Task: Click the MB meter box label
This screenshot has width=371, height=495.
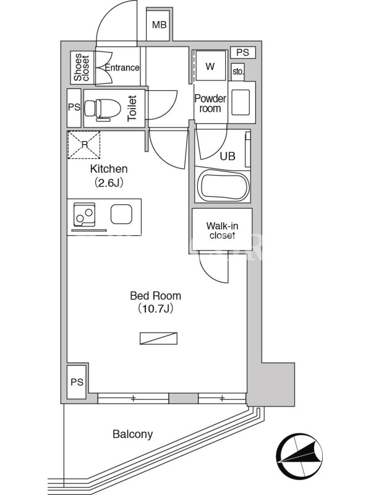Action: coord(160,25)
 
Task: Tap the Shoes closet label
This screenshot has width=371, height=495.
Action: coord(82,67)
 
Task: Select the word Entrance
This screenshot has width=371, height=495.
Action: coord(122,67)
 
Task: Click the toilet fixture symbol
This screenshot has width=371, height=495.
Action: coord(102,110)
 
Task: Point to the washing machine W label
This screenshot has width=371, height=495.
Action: coord(210,66)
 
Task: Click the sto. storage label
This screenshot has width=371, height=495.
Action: coord(238,72)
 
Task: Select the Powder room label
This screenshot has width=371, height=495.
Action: coord(210,103)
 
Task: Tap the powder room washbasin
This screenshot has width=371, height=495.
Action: coord(241,103)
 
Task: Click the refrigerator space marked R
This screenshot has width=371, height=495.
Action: coord(84,145)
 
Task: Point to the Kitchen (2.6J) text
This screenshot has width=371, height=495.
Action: coord(109,176)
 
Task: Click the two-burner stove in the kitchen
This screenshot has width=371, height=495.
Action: coord(84,215)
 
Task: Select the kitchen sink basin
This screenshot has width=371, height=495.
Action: coord(121,214)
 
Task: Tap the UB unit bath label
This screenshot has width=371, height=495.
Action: coord(228,156)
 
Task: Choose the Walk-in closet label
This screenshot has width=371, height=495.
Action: coord(222,231)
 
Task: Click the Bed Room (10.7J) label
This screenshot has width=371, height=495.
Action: coord(156,303)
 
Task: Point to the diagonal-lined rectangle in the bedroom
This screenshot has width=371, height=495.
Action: coord(158,338)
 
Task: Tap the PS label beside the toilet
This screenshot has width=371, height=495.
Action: coord(74,107)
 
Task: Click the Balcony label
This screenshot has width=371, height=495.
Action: coord(132,434)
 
